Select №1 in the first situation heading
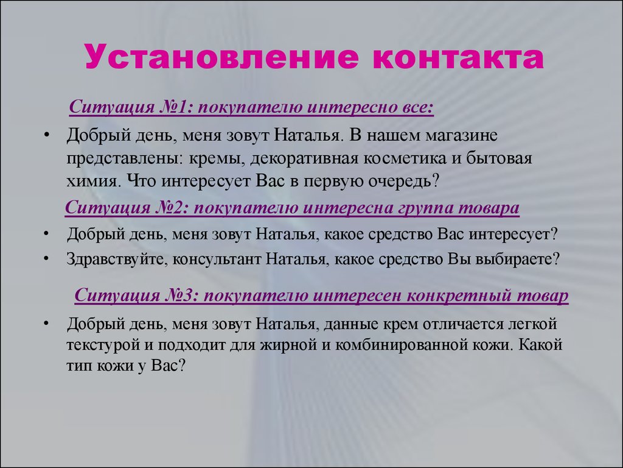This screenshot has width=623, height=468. pyautogui.click(x=173, y=107)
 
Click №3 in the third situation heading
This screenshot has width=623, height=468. pyautogui.click(x=179, y=296)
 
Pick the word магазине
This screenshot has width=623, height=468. pyautogui.click(x=462, y=135)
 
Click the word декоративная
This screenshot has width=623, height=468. pyautogui.click(x=304, y=158)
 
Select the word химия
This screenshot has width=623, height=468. pyautogui.click(x=93, y=182)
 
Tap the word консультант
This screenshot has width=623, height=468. pyautogui.click(x=217, y=260)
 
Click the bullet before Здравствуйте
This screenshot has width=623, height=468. pyautogui.click(x=46, y=258)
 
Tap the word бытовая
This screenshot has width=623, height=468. pyautogui.click(x=499, y=158)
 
